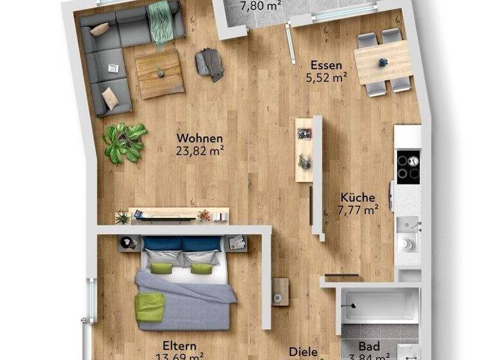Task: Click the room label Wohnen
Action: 199,138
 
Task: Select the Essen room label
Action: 326,65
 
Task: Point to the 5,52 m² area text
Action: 326,78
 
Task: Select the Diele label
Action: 303,352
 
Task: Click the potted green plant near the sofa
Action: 124,141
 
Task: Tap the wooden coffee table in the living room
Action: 160,73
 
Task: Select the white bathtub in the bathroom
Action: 380,304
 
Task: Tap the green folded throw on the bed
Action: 149,307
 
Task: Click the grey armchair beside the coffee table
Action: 210,64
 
